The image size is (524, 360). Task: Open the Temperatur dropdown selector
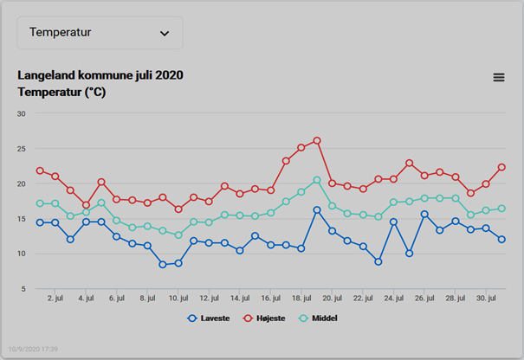(x=100, y=33)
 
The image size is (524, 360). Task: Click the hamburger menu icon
(x=499, y=78)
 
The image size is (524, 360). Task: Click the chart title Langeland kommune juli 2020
(x=100, y=75)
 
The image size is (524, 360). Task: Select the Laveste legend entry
(x=209, y=318)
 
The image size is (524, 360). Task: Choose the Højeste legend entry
(x=264, y=318)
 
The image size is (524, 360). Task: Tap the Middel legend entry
(x=318, y=318)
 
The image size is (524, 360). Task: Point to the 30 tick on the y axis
(x=21, y=114)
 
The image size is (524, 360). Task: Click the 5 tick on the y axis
(x=23, y=289)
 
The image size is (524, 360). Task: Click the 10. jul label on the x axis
(x=178, y=298)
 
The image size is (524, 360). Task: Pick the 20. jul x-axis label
(x=333, y=298)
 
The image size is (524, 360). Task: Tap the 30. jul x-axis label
(x=486, y=298)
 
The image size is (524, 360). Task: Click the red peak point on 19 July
(x=317, y=140)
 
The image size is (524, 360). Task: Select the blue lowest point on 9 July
(x=163, y=265)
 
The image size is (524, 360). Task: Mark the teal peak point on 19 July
(x=317, y=180)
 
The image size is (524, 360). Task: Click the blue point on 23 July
(x=378, y=262)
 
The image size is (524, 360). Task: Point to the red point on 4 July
(x=86, y=205)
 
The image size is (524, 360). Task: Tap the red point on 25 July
(x=409, y=163)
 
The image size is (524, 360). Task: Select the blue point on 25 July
(x=409, y=254)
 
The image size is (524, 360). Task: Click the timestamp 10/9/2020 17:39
(x=33, y=349)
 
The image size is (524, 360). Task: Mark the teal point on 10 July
(x=178, y=235)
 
